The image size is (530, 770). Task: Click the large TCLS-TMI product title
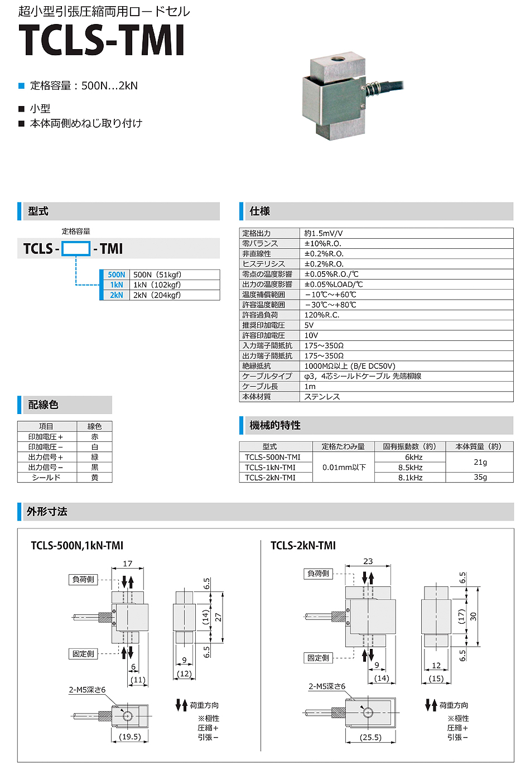102,40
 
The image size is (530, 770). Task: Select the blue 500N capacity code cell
116,275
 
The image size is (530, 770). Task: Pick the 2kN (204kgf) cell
157,295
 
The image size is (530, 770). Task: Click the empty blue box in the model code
75,249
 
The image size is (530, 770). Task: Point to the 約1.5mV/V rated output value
324,233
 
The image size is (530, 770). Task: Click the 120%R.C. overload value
322,315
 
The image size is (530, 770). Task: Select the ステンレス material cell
322,397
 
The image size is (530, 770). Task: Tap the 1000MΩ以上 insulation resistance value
349,366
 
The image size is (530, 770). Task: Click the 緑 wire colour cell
94,457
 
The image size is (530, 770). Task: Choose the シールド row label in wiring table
46,478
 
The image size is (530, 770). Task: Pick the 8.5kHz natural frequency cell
410,468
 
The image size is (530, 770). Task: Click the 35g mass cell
480,478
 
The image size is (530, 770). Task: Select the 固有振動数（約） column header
410,446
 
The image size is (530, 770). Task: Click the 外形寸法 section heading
47,512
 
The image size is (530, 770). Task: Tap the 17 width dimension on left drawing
128,564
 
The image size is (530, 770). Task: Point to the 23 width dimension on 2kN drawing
368,561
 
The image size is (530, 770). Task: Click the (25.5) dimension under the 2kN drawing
370,737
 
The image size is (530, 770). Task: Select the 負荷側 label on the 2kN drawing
318,573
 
